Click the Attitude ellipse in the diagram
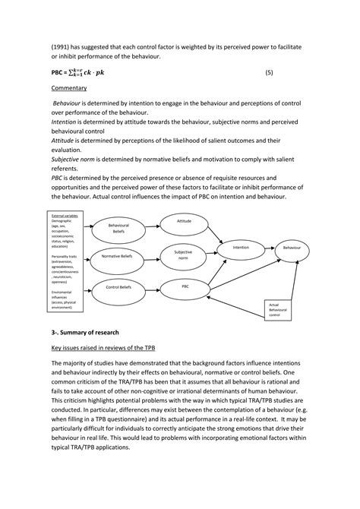pos(184,221)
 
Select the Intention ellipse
pos(241,248)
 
